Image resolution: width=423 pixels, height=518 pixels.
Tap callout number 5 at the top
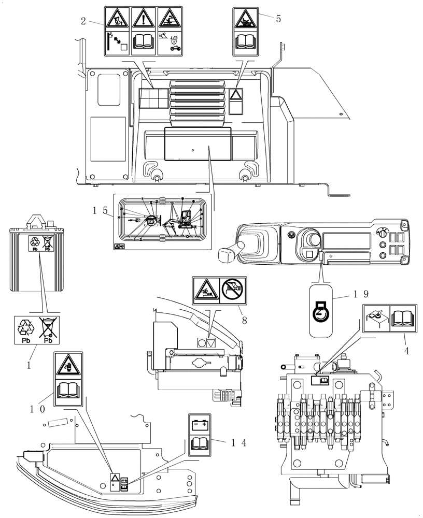(x=278, y=19)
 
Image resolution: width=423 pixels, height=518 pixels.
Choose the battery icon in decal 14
(x=200, y=425)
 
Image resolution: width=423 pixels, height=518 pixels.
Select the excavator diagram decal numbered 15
(x=161, y=222)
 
